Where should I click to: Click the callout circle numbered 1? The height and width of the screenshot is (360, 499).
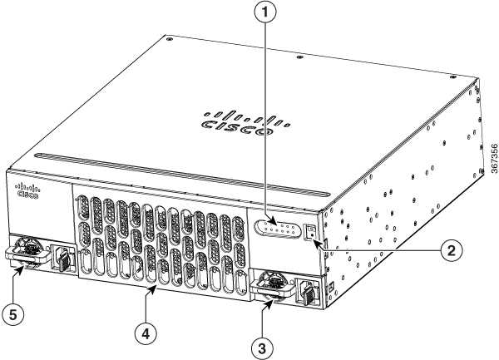(264, 12)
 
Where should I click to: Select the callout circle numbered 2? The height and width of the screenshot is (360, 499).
(452, 251)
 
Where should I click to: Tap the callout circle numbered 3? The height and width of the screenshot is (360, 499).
(262, 348)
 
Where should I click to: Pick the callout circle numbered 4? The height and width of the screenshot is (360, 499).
(146, 334)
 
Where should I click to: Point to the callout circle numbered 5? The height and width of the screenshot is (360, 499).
(12, 315)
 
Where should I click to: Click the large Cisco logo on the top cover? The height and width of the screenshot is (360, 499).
(245, 123)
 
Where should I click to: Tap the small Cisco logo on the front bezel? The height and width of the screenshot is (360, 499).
(27, 191)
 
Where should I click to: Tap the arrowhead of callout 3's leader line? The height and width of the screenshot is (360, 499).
(269, 303)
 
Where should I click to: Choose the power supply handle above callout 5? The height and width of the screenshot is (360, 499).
(28, 254)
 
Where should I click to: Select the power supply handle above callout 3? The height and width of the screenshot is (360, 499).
(273, 287)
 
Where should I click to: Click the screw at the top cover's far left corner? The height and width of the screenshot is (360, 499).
(168, 39)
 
